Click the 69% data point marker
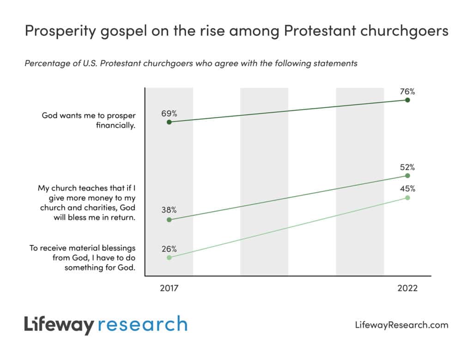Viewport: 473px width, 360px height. [169, 122]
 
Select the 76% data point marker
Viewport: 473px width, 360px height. [407, 100]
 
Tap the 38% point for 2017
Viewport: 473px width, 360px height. [169, 220]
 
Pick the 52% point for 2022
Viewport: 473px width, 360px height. [407, 176]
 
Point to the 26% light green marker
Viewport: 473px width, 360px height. [169, 257]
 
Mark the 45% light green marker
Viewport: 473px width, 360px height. [407, 197]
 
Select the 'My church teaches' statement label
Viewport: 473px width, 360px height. [86, 203]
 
